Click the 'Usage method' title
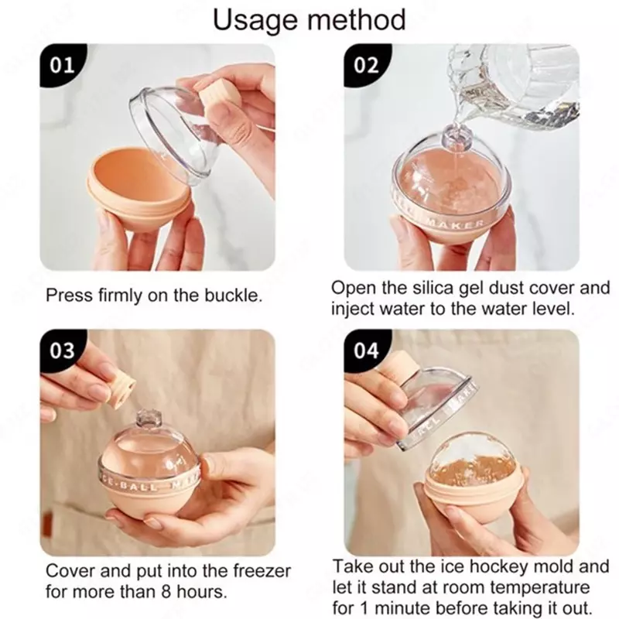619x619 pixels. click(x=309, y=19)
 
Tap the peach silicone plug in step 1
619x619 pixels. click(x=217, y=99)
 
